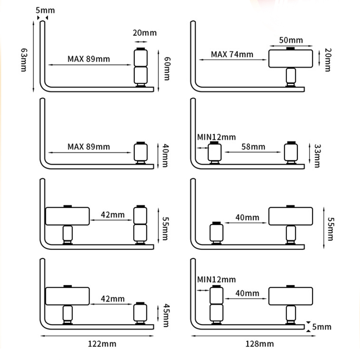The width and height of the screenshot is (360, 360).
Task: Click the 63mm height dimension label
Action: (23, 60)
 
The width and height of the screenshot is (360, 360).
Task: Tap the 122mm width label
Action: (102, 344)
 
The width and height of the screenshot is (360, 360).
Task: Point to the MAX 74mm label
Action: (232, 54)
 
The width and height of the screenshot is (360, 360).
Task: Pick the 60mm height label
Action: (166, 68)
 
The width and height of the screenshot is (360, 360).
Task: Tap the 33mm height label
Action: (317, 156)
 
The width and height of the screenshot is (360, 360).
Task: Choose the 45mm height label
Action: (166, 316)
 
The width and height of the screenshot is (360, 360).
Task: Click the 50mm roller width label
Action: (291, 40)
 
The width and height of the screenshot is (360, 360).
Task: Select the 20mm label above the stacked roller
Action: (145, 33)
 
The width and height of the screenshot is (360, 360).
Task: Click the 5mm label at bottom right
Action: (321, 327)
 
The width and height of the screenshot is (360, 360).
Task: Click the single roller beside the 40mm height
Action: (141, 153)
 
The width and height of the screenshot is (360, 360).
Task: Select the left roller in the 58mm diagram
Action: (215, 152)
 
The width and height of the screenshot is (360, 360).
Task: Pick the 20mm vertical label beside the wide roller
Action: (327, 60)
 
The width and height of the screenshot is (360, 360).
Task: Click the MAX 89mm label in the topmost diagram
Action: (89, 59)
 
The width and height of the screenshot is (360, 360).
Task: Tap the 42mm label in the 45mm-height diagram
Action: (113, 298)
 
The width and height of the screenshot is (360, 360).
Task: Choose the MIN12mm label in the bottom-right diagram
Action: (216, 279)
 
